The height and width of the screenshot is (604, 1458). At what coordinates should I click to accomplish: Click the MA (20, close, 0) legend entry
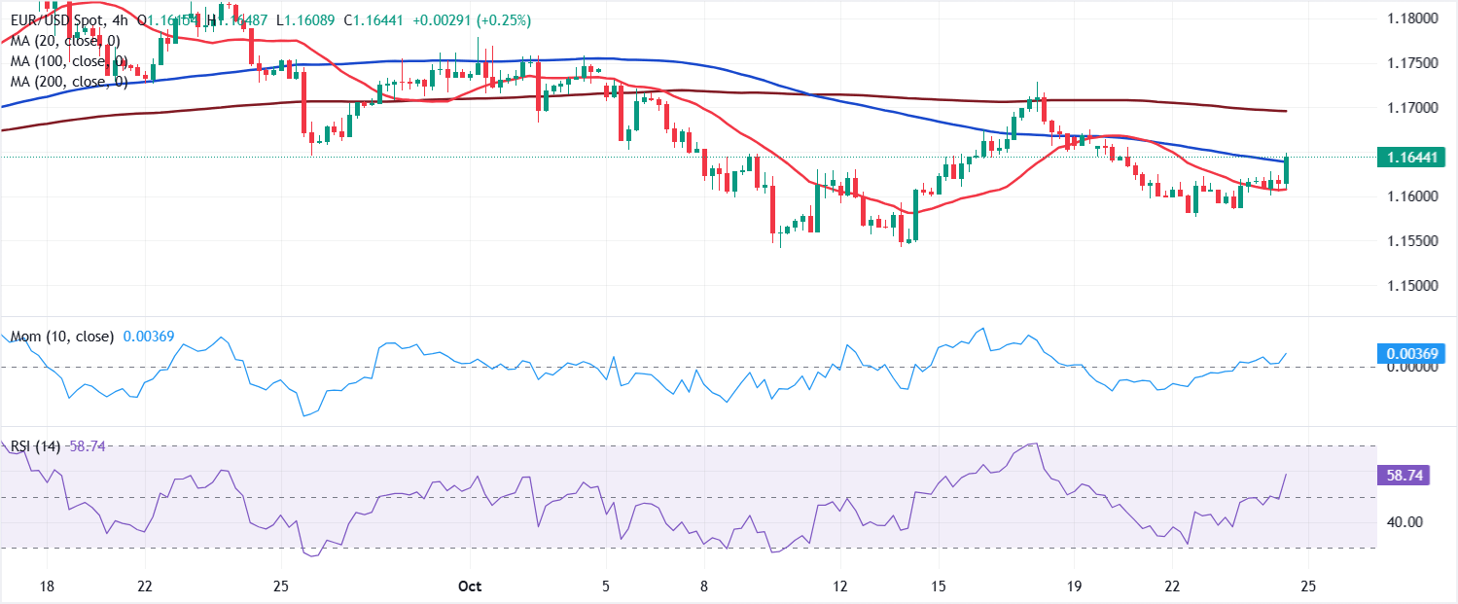tap(65, 40)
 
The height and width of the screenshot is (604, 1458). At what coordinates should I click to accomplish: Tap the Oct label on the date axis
tap(470, 586)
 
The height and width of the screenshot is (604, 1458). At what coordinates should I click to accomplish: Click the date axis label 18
tap(47, 586)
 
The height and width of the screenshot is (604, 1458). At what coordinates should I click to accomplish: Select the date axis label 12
tap(840, 586)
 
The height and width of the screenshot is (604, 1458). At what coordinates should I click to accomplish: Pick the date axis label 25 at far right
tap(1308, 586)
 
